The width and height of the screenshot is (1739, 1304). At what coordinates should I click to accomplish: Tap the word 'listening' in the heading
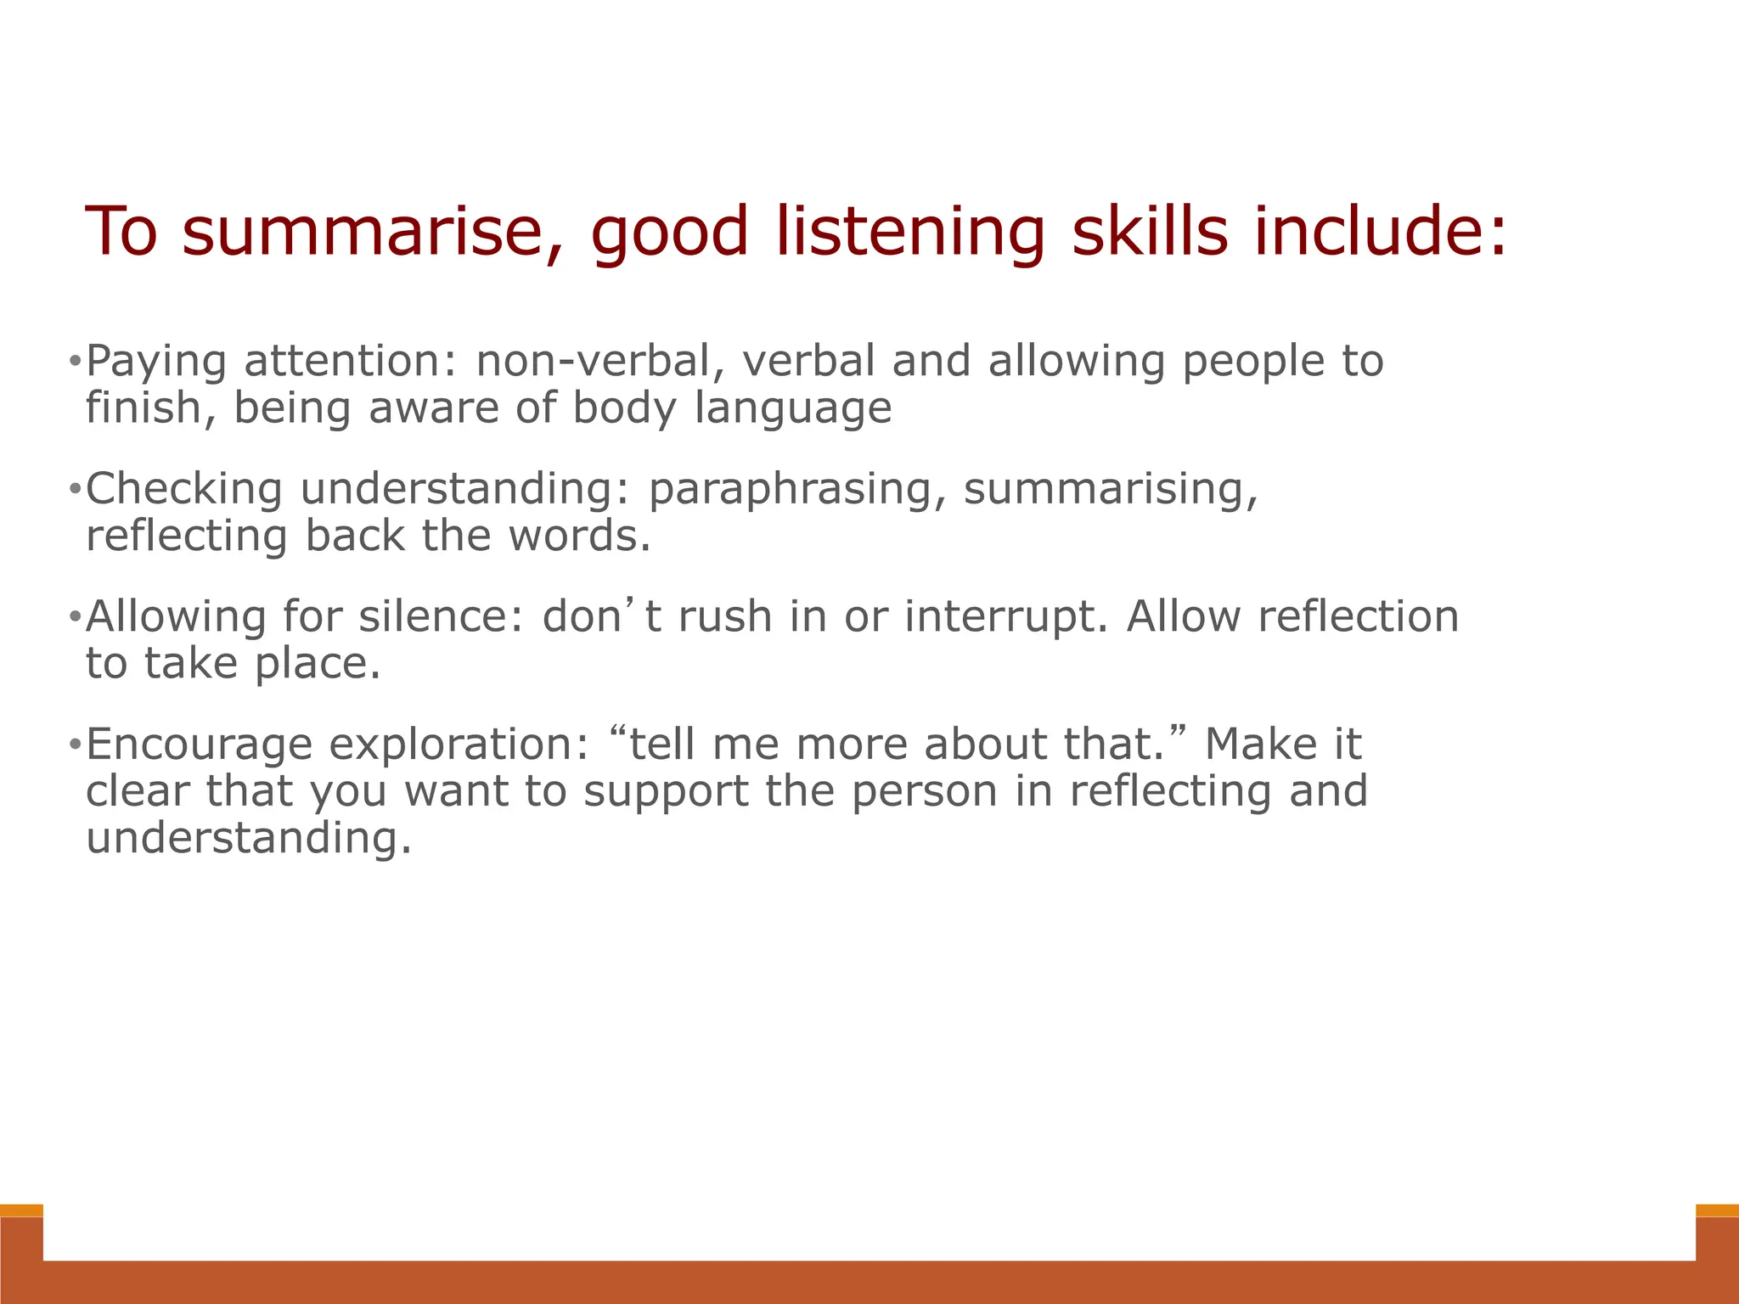(x=909, y=233)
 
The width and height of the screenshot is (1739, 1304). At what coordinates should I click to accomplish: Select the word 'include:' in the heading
(x=1381, y=233)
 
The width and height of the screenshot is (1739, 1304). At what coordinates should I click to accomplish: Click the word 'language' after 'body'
(x=793, y=409)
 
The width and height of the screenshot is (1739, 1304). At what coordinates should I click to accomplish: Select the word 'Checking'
(x=183, y=489)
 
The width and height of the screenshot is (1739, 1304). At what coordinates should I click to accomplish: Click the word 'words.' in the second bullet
(x=580, y=536)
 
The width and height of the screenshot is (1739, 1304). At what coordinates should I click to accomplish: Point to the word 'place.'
(x=318, y=664)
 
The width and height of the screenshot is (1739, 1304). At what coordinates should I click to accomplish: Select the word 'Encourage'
(x=199, y=745)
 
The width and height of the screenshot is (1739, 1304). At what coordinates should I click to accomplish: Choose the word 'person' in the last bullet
(x=924, y=792)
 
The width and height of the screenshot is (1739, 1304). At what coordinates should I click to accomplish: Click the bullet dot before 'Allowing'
(x=75, y=617)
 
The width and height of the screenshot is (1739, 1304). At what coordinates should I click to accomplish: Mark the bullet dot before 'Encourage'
(x=75, y=745)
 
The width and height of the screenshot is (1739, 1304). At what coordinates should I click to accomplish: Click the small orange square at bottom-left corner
(x=21, y=1211)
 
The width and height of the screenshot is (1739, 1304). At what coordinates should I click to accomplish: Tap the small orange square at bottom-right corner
(x=1717, y=1211)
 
